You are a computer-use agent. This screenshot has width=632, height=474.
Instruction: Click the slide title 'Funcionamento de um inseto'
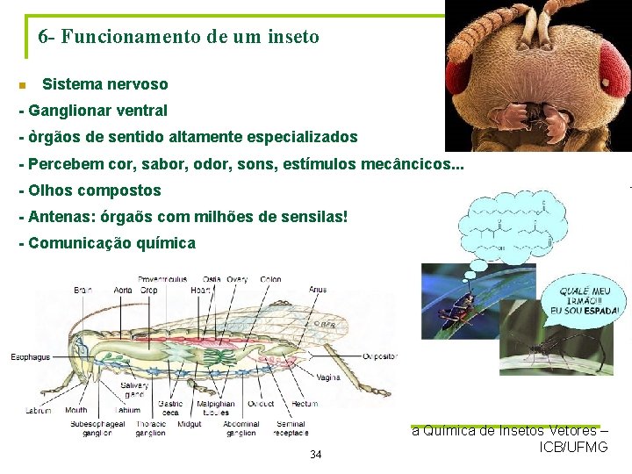pos(190,37)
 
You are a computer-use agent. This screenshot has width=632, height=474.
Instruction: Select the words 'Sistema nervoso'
pos(104,84)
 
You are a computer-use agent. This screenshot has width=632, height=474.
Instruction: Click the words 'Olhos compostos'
pos(94,190)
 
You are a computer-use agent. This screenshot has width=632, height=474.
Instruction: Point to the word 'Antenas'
pos(59,216)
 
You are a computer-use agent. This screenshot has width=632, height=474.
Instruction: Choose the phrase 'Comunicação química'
pos(111,243)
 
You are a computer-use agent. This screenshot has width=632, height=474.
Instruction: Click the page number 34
pos(316,454)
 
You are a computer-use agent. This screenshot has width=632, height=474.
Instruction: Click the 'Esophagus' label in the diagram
pos(31,357)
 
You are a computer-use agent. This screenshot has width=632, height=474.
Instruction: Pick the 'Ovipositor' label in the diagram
pos(378,357)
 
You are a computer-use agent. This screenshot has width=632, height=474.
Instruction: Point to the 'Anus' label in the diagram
pos(317,290)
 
